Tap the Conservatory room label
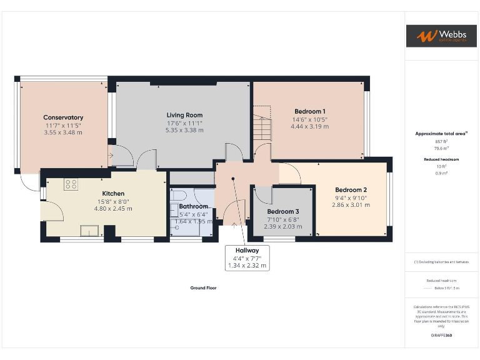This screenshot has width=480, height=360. click(x=63, y=117)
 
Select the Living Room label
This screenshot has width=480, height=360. click(x=184, y=115)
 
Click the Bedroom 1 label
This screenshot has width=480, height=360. click(x=309, y=111)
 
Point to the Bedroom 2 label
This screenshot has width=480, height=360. click(x=351, y=190)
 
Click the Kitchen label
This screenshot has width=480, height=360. click(x=113, y=194)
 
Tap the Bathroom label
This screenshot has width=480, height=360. click(x=193, y=206)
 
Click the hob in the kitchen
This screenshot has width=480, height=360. click(x=71, y=184)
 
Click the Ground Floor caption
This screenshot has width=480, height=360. click(x=203, y=288)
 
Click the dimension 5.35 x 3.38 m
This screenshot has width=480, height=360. click(x=184, y=131)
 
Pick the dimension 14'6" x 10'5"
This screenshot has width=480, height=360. click(x=309, y=119)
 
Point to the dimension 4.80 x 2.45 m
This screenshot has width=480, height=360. click(x=113, y=209)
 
